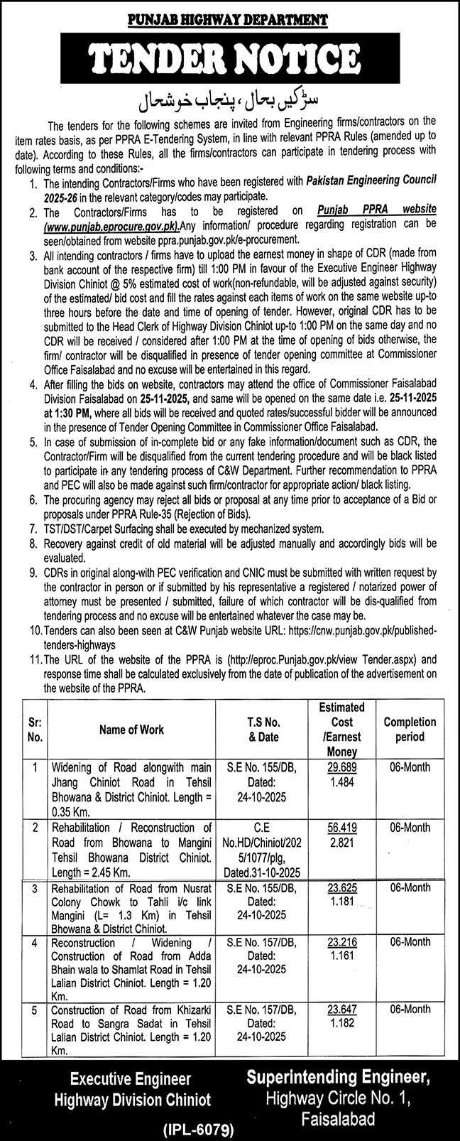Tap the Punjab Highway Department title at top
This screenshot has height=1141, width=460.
coord(230,21)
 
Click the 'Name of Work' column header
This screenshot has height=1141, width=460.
coord(131,729)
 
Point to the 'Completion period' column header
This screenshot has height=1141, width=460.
coord(410,729)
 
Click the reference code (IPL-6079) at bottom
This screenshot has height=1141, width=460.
coord(229,1127)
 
